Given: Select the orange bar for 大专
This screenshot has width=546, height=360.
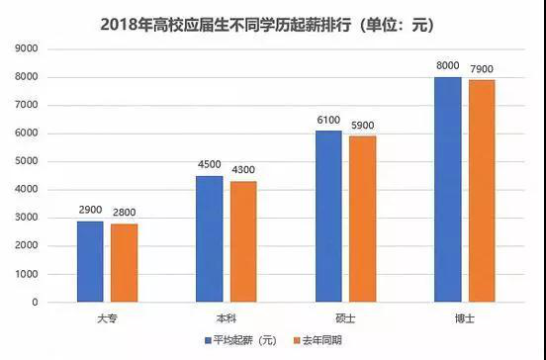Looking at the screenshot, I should [x=125, y=263].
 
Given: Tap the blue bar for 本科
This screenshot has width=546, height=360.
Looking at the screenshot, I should [x=209, y=238].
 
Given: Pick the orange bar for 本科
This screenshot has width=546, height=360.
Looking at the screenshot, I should [x=243, y=241].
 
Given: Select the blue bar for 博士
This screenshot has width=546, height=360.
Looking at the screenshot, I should [x=447, y=189].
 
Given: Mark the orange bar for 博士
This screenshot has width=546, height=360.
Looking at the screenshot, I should [x=482, y=191].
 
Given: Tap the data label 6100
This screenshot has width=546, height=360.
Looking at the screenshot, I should [x=328, y=121].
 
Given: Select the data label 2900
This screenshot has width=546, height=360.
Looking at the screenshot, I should [x=90, y=212].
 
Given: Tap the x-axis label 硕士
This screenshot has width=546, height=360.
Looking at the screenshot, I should [x=345, y=315].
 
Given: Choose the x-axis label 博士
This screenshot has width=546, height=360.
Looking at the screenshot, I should [x=464, y=315].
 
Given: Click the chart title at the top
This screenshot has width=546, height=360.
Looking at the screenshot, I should [x=273, y=21].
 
